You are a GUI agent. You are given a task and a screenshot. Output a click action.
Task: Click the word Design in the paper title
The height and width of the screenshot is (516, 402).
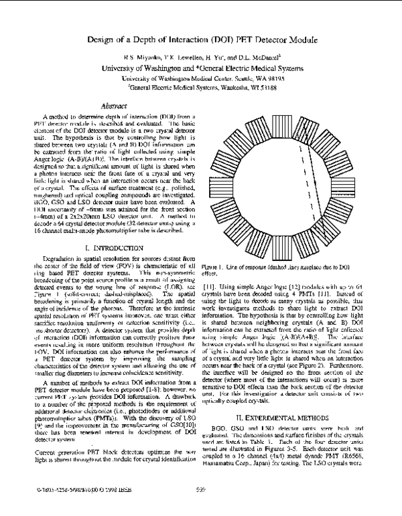point(99,39)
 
